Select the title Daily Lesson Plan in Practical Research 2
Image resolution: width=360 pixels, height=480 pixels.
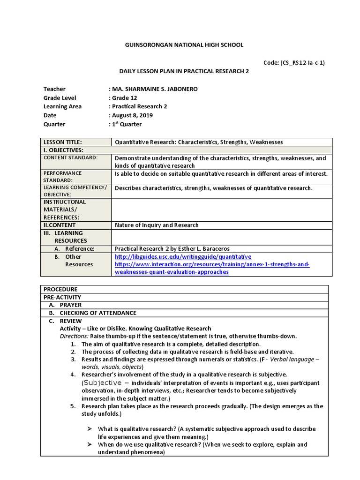pos(183,71)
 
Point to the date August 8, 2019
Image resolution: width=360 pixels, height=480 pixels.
pos(132,115)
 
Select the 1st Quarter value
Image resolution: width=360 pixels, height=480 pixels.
pos(126,124)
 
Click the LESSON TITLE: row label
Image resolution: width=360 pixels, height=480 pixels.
pos(63,142)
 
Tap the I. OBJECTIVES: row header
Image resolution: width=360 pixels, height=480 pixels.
pos(63,150)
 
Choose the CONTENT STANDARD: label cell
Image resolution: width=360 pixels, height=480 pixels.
pos(70,157)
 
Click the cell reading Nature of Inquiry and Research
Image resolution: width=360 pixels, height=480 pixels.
pos(157,225)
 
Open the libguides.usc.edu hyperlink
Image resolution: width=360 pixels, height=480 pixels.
pos(183,257)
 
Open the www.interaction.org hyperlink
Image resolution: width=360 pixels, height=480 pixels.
pos(212,264)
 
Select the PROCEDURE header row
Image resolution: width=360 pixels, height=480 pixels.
pos(60,289)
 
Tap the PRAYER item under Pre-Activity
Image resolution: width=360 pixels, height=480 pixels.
pos(71,305)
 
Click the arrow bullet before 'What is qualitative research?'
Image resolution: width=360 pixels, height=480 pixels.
pos(90,429)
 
